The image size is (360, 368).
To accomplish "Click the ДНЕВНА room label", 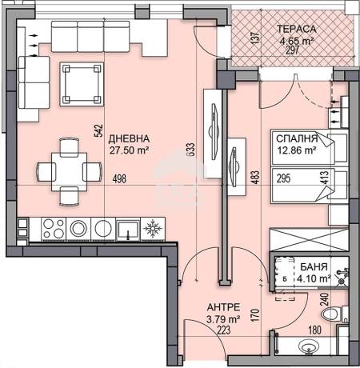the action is [129, 138].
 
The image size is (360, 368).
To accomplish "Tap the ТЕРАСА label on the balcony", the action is [296, 29].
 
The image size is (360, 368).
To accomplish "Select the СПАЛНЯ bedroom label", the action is [297, 138].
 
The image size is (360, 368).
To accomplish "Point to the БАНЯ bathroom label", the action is [314, 266].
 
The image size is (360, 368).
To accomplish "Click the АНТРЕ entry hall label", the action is [223, 307].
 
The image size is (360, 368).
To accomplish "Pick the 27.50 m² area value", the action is [129, 150].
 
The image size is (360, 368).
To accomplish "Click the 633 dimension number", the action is [191, 150].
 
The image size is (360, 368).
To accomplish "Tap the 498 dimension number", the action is [119, 179].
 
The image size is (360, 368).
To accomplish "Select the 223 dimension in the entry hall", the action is [223, 330].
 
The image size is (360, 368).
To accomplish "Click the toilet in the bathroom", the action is [334, 314].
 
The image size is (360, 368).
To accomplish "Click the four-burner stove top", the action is [54, 229].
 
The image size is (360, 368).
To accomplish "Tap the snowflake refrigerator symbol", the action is [153, 229].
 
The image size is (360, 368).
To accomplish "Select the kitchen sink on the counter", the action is [128, 230].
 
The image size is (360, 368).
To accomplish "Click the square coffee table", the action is [82, 84].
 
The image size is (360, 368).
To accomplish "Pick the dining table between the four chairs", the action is [70, 172].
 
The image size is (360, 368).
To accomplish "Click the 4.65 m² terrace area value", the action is [296, 41].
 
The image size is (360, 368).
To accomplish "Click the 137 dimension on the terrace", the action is [255, 38].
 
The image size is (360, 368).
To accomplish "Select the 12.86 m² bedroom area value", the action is [297, 150].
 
